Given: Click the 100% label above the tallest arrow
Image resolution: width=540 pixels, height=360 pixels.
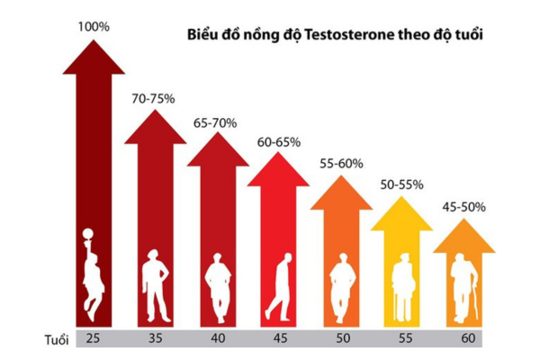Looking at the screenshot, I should (x=94, y=27).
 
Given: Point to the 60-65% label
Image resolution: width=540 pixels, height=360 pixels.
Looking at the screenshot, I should (x=279, y=141).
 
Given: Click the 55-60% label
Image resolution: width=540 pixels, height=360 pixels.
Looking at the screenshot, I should (x=341, y=164).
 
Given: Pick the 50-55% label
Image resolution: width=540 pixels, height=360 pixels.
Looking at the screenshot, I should (x=402, y=184).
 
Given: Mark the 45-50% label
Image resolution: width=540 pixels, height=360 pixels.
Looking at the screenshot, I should (x=464, y=206).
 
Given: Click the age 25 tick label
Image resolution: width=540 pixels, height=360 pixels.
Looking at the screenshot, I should (x=94, y=338).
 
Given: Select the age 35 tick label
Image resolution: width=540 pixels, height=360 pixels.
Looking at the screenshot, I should (x=155, y=338).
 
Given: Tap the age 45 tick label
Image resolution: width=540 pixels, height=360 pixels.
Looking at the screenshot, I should (x=279, y=338).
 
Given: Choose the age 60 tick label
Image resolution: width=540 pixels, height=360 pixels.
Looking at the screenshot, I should (x=464, y=338).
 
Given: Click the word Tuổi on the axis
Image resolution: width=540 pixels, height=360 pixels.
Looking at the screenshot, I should (x=58, y=338).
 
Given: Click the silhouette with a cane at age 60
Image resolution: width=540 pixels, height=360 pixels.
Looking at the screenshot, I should (x=464, y=291).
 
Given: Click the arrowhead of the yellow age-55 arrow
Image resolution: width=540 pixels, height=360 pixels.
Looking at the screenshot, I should (x=402, y=216).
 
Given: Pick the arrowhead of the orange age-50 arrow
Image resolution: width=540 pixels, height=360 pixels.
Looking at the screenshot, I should (x=341, y=194).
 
